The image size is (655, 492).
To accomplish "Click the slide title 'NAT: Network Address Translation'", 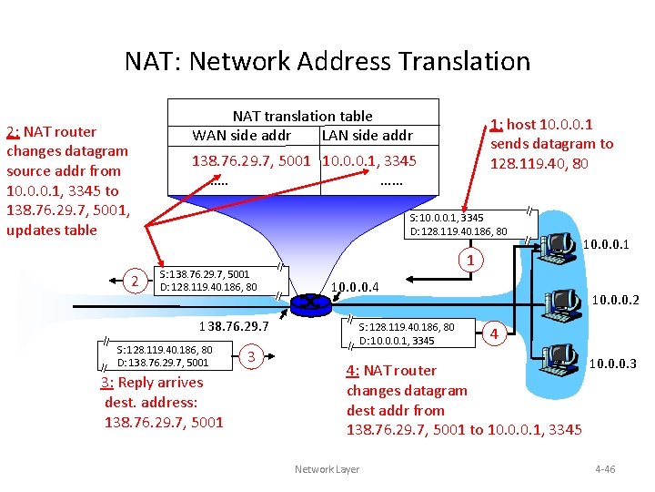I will coord(327,61).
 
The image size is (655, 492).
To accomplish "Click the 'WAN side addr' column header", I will coord(241,136).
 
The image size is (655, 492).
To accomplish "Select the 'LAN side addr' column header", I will coord(367,136).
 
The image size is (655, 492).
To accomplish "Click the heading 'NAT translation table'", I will coord(302,116).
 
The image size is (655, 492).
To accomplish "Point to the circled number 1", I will coord(469,262).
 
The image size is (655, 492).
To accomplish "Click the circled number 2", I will coord(135,282).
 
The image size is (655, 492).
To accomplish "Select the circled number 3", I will coord(251,355).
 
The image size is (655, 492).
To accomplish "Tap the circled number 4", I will coord(494,333).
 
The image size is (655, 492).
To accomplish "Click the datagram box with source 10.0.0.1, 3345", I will coord(459,224).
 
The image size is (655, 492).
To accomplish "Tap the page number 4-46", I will coord(604,469).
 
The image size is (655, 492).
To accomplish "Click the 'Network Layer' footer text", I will coord(327,469).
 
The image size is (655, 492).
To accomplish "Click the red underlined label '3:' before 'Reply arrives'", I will coord(107,383).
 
